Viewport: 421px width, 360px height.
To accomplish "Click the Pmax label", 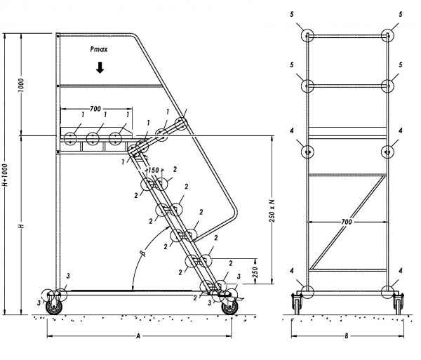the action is [x=99, y=49].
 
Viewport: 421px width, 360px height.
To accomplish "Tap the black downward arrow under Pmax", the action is [x=100, y=67].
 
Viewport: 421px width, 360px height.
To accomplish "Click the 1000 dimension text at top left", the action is [x=21, y=86].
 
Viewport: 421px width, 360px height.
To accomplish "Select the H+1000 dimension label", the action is [x=5, y=175].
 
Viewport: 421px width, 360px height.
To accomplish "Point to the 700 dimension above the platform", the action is [x=95, y=109].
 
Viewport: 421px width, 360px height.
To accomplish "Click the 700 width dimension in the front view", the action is [x=347, y=222].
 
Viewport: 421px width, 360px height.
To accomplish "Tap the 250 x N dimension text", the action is [x=272, y=211].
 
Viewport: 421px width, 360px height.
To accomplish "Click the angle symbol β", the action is [x=143, y=253].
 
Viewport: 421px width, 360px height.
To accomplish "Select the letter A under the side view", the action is [x=138, y=336].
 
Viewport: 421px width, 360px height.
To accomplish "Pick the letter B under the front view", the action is [x=347, y=336].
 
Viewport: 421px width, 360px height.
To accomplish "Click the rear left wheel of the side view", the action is [x=54, y=307].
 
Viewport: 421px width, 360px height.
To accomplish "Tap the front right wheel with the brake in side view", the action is [x=229, y=307].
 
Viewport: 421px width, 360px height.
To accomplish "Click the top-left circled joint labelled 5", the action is [x=307, y=35].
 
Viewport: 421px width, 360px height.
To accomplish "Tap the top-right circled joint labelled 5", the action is [x=387, y=35].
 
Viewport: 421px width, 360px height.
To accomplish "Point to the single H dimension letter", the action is [x=22, y=226].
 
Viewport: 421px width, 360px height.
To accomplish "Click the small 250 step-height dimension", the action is [x=255, y=272].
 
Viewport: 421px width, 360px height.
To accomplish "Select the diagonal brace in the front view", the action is [x=348, y=222].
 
